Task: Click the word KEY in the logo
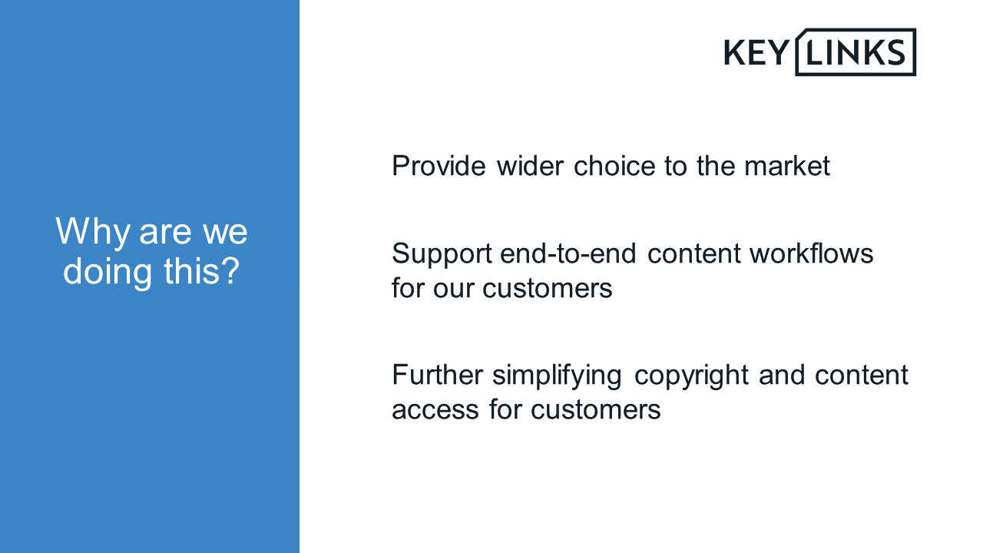[x=756, y=53]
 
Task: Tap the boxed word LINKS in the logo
[x=856, y=52]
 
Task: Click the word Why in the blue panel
[x=93, y=233]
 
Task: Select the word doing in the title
[x=108, y=272]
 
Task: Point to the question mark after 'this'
[x=229, y=270]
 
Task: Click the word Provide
[x=439, y=166]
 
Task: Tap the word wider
[x=530, y=166]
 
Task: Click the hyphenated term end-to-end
[x=568, y=253]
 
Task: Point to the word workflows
[x=812, y=253]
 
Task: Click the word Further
[x=437, y=376]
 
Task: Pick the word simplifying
[x=557, y=376]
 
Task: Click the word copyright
[x=691, y=376]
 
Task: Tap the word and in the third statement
[x=782, y=376]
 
